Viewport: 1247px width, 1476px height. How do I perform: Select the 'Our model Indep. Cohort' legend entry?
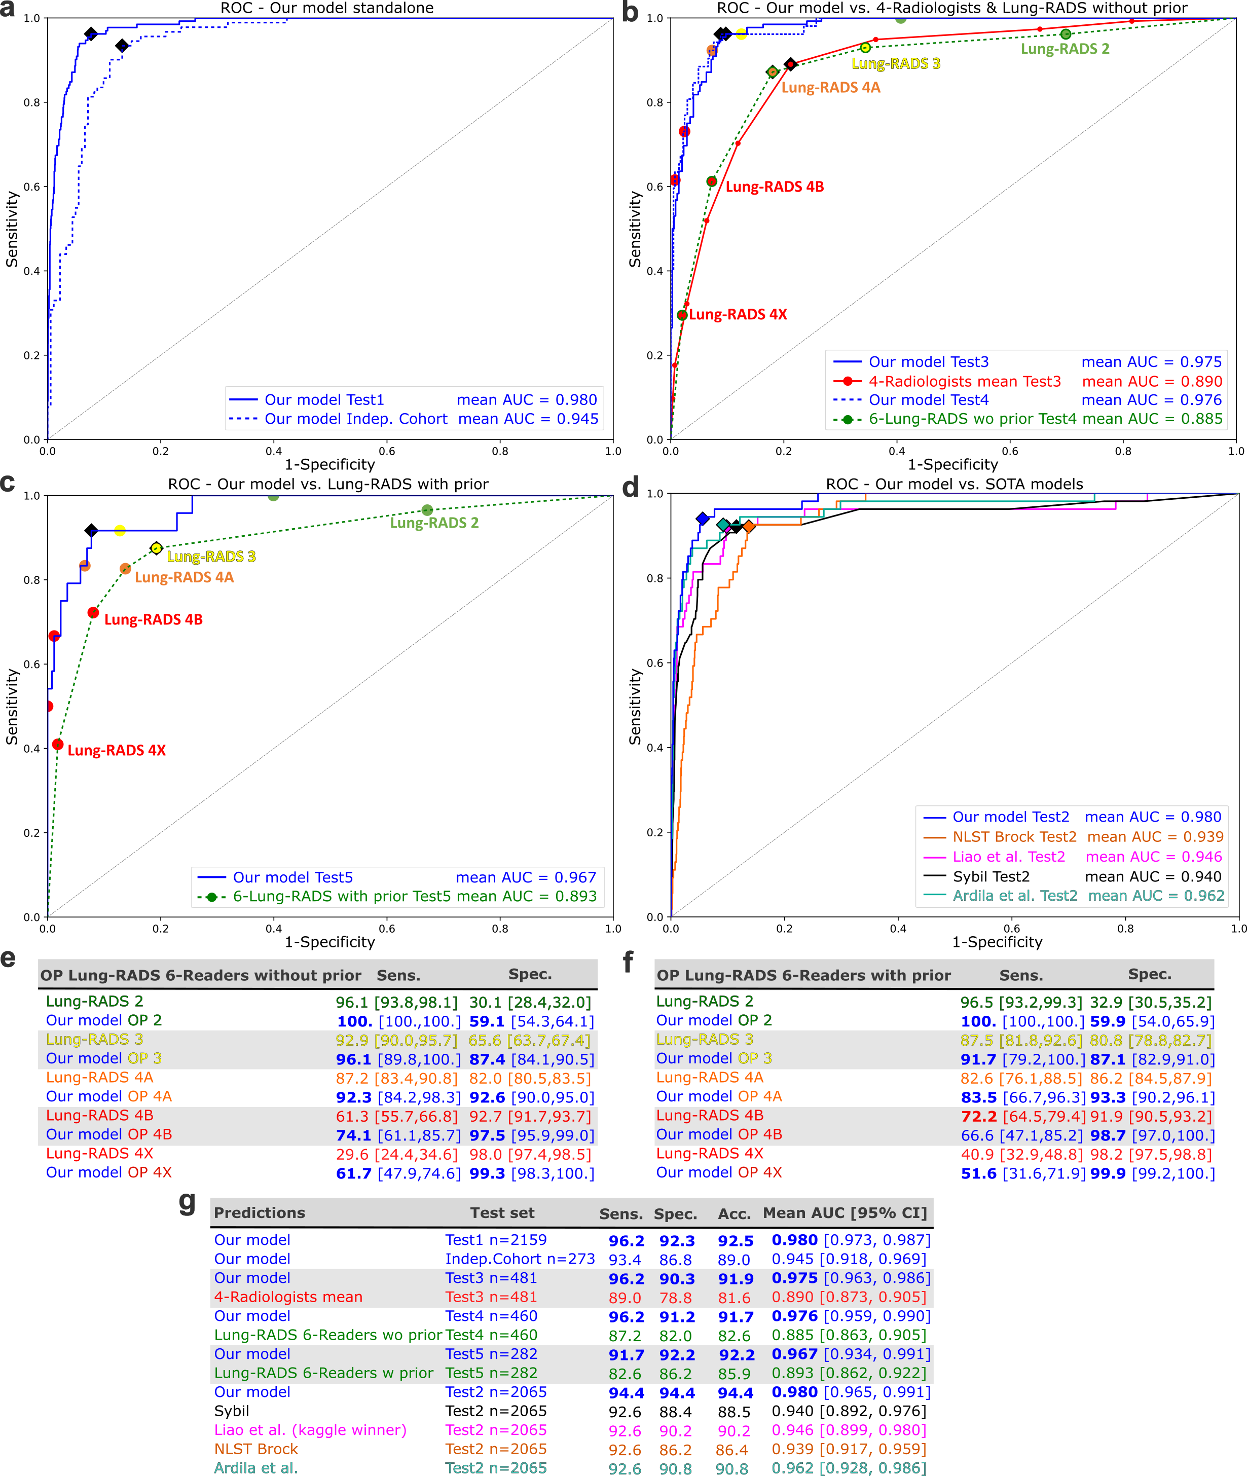[355, 419]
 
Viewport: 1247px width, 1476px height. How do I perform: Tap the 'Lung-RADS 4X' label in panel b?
[738, 315]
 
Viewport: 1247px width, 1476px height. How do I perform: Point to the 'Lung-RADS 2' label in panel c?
[434, 523]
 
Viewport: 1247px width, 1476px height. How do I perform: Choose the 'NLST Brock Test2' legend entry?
[1014, 837]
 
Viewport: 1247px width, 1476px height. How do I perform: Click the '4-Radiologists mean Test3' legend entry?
[964, 382]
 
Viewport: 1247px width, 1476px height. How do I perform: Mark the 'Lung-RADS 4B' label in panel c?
[154, 619]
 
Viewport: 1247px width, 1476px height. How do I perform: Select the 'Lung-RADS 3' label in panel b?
[896, 64]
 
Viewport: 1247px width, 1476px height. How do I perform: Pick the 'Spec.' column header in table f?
[1150, 974]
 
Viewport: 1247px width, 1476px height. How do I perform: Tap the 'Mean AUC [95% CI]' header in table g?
[844, 1213]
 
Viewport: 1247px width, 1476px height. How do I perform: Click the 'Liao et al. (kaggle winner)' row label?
[310, 1430]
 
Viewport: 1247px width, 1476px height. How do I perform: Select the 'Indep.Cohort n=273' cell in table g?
[520, 1259]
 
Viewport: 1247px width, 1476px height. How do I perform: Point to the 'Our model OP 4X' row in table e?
[109, 1172]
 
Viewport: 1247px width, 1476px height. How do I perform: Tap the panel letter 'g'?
[188, 1202]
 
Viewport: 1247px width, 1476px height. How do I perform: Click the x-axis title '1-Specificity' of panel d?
[997, 942]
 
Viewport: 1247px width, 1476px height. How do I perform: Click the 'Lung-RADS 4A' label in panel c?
[184, 577]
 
